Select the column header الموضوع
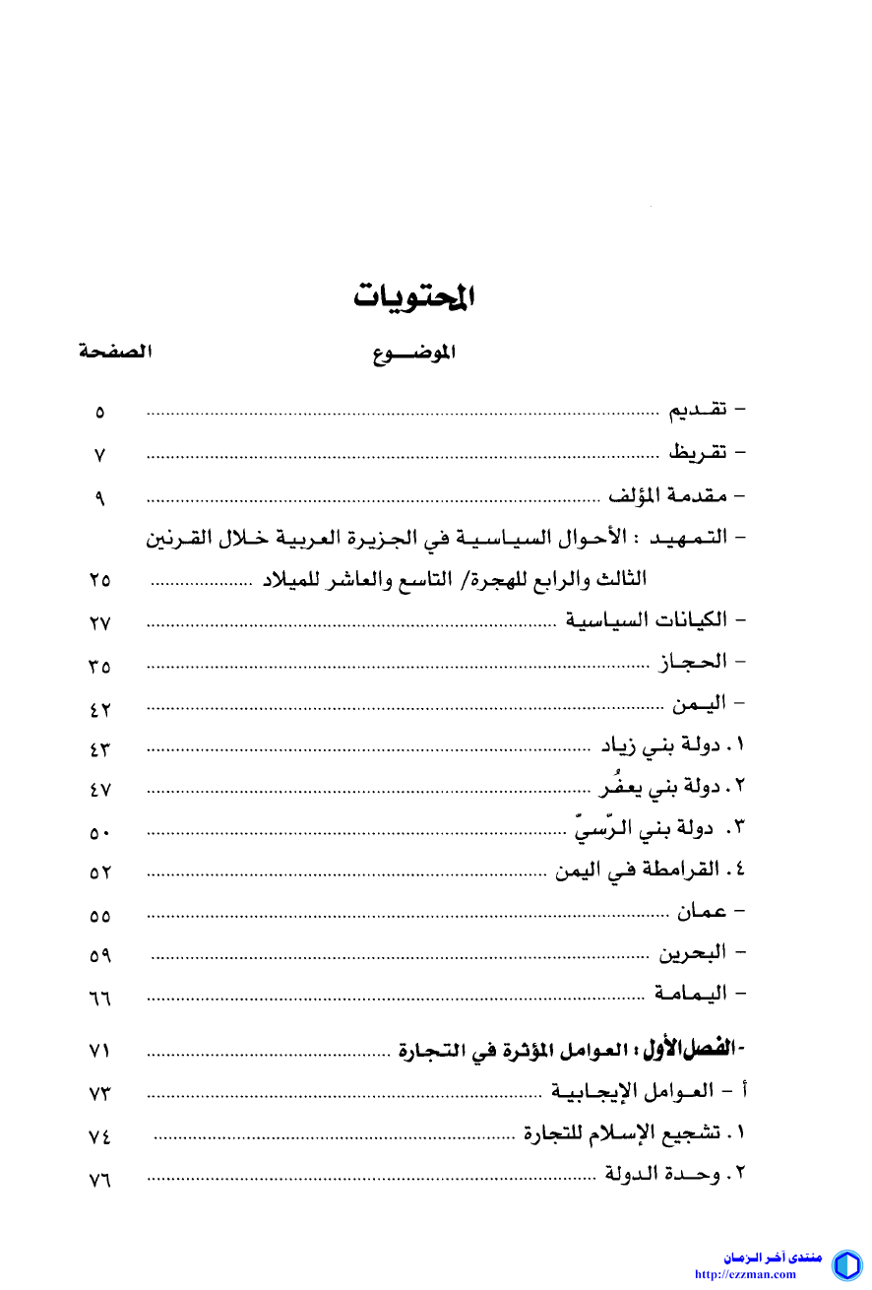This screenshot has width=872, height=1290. click(414, 354)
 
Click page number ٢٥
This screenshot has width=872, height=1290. click(98, 581)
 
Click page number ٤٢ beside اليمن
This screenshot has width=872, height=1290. click(98, 708)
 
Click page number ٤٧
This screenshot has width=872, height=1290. click(98, 791)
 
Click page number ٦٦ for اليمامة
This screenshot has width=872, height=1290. click(98, 999)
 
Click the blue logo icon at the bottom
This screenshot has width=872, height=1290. click(846, 1264)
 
